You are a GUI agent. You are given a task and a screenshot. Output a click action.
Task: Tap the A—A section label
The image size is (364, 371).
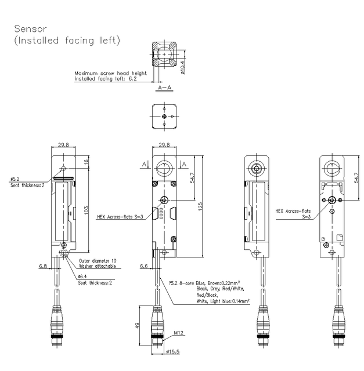point(164,87)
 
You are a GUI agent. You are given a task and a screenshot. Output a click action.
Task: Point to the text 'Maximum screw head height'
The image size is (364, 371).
point(110,74)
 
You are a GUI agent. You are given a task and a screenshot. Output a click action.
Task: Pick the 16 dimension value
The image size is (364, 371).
point(86,162)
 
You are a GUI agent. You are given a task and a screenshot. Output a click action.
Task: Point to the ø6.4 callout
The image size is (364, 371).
point(83,277)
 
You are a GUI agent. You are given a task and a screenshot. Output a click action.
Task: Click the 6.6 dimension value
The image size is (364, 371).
point(145,267)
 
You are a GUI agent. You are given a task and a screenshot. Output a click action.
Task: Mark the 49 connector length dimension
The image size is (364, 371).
point(138,325)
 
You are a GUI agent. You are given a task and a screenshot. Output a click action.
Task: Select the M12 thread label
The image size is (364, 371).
point(179,333)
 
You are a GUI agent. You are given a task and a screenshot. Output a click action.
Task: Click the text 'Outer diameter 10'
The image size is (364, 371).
point(97,260)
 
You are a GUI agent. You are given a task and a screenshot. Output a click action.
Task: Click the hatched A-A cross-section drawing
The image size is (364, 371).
point(164,56)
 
